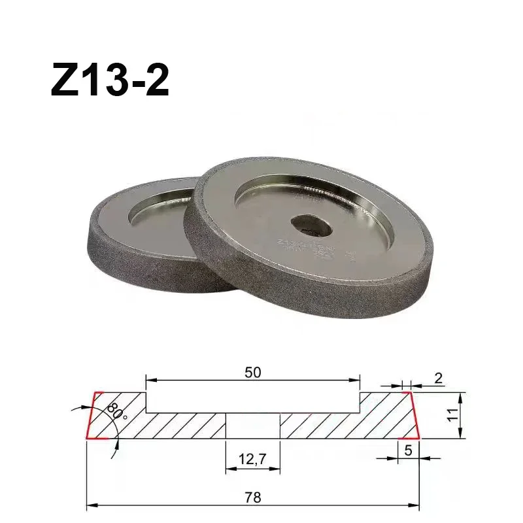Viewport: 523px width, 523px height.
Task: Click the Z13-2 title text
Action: point(110,81)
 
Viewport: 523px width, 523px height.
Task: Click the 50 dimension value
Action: point(253,371)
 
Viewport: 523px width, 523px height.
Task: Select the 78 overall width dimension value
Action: point(253,497)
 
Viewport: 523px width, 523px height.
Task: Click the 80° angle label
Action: point(115,412)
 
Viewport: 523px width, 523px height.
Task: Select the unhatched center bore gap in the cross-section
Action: point(253,426)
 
